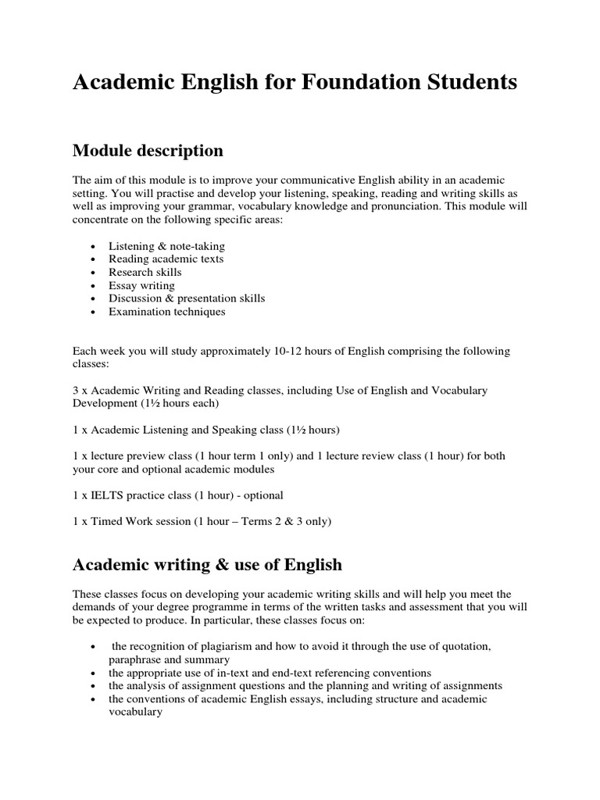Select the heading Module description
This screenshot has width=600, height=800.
[x=148, y=150]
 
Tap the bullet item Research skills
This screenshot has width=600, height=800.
[x=145, y=272]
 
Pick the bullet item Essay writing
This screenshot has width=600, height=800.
[x=141, y=285]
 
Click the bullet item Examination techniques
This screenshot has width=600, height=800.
[x=167, y=312]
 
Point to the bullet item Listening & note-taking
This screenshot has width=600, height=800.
[x=166, y=246]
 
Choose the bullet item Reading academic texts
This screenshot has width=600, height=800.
[x=166, y=259]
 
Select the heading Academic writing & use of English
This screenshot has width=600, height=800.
[x=207, y=563]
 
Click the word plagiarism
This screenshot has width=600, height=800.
[x=225, y=647]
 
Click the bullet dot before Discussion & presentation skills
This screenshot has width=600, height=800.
[x=93, y=299]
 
